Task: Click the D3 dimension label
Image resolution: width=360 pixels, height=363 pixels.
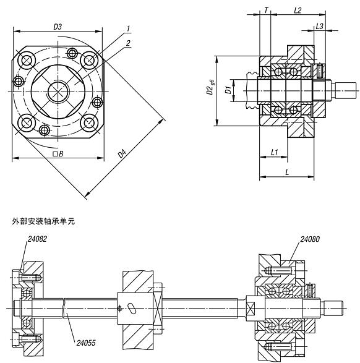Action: click(x=58, y=27)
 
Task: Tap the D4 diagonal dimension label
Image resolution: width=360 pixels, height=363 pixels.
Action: click(x=122, y=154)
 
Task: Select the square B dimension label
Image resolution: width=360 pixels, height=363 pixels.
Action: click(x=58, y=154)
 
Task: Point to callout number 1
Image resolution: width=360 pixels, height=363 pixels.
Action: click(x=128, y=28)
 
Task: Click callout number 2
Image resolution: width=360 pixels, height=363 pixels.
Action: click(x=128, y=43)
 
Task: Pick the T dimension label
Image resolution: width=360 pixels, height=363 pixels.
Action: click(x=266, y=10)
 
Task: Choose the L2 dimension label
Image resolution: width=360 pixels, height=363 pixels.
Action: click(x=298, y=11)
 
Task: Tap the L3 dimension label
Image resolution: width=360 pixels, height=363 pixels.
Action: click(x=320, y=27)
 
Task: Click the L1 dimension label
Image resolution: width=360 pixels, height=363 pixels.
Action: click(x=274, y=152)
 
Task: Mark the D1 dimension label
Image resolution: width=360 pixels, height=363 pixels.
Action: click(x=228, y=90)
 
